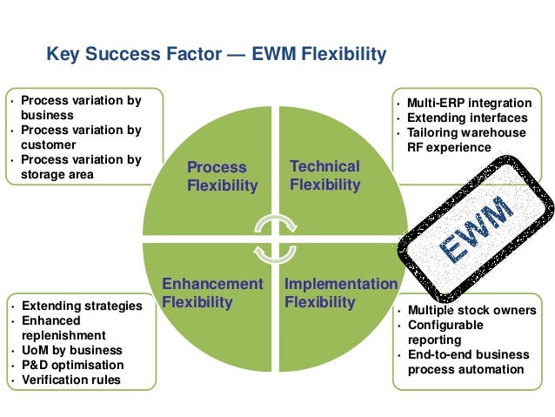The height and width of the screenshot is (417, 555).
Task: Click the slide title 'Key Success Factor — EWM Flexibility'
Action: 216,56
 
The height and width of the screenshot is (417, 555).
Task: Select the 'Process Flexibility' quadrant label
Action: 223,176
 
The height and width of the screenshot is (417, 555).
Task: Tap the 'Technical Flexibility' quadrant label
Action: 324,175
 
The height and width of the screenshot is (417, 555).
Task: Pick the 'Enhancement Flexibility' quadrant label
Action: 212,293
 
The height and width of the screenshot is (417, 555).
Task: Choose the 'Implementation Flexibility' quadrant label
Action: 340,293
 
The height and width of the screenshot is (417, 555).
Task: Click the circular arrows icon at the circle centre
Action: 273,236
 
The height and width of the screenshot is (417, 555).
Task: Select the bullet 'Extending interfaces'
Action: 466,118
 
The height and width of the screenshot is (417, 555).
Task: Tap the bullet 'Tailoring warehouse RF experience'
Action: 465,139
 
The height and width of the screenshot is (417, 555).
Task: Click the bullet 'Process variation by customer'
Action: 80,138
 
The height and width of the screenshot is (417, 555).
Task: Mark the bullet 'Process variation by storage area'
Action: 80,167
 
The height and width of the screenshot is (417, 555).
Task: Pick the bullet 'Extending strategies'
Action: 81,306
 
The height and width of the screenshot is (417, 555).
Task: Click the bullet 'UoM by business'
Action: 72,350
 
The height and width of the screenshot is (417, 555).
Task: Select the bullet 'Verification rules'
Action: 72,380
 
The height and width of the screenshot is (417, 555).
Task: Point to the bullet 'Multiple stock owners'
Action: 471,311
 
